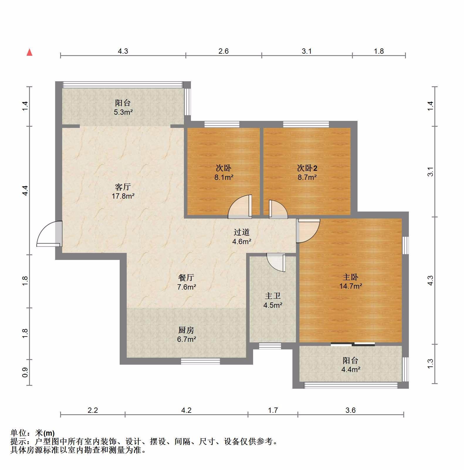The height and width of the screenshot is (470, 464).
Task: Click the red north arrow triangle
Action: (x=29, y=52)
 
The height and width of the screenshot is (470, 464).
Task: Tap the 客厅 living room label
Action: (x=123, y=187)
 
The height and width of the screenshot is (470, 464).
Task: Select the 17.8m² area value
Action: (x=123, y=196)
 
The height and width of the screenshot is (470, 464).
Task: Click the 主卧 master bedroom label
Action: (x=350, y=277)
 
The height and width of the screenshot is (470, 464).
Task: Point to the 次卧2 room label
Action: (x=307, y=168)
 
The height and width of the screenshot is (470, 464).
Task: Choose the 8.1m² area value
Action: (x=224, y=177)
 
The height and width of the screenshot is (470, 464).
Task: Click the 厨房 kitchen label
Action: (x=186, y=330)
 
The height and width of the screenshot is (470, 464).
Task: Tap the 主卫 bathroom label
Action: (x=273, y=296)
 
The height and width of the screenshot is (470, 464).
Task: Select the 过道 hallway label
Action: (x=242, y=232)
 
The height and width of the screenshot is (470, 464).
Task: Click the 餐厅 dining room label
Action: (x=186, y=278)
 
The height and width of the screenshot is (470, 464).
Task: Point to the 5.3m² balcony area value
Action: (x=123, y=112)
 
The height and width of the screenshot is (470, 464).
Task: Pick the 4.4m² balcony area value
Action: (x=351, y=369)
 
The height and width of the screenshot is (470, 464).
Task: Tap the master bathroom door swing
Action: (x=276, y=263)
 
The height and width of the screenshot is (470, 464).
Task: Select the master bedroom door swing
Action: (x=308, y=231)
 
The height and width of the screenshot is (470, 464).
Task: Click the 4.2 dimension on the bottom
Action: (x=186, y=410)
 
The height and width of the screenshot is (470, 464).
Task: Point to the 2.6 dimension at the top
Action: (x=223, y=51)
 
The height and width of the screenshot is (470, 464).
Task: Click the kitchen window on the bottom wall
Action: (x=200, y=361)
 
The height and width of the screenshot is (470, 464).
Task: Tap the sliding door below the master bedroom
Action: (x=353, y=344)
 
